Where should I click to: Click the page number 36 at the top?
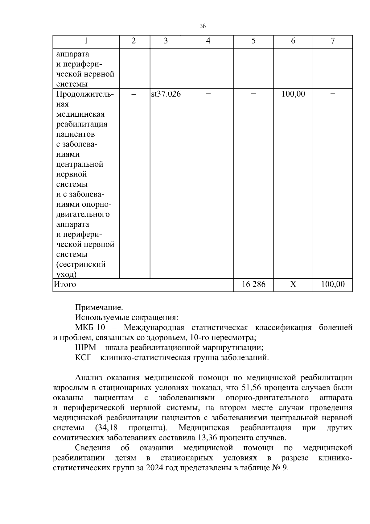tap(203, 26)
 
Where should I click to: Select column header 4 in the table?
tap(208, 41)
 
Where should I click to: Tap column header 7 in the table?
tap(333, 41)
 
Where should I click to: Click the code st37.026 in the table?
tap(166, 94)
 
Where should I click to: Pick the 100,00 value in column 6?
tap(293, 94)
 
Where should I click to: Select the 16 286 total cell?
tap(253, 284)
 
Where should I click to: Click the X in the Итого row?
tap(293, 284)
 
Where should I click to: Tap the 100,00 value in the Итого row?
tap(333, 284)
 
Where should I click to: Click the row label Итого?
tap(65, 284)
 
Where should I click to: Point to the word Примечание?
tap(99, 308)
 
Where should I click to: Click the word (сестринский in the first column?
tap(81, 264)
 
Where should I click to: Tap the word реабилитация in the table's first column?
tap(82, 124)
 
